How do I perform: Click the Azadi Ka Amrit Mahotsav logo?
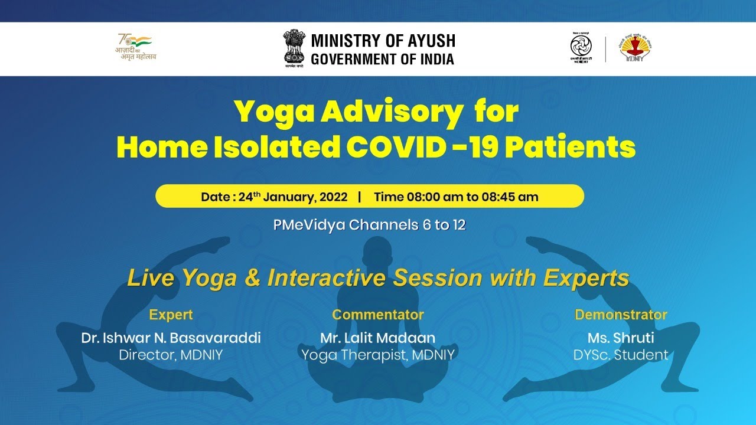[x=136, y=47]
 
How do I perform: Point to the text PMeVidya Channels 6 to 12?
[x=369, y=225]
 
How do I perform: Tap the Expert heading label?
[x=171, y=315]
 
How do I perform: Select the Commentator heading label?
[x=378, y=315]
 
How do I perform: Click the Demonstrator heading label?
[x=621, y=315]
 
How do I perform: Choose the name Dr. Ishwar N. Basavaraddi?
[x=171, y=338]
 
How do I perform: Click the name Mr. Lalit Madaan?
[x=378, y=338]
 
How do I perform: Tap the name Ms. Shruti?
[x=621, y=338]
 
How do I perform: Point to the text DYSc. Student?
[x=621, y=355]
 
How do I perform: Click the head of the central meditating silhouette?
[x=378, y=248]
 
